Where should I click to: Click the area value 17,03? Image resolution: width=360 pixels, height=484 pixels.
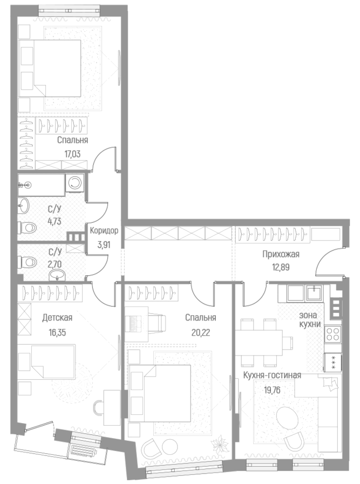click(x=73, y=153)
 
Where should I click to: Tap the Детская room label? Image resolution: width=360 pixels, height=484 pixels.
click(x=57, y=318)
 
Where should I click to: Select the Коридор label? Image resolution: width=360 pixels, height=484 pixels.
click(x=104, y=230)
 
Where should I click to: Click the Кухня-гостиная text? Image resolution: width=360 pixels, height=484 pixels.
click(x=272, y=375)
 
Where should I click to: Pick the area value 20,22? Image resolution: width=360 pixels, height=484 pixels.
click(x=200, y=331)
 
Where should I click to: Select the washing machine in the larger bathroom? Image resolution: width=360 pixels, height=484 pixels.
click(x=76, y=183)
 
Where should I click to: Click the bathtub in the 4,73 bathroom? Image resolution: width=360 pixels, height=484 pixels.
click(x=41, y=184)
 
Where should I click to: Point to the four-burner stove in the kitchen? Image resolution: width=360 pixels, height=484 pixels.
click(x=332, y=333)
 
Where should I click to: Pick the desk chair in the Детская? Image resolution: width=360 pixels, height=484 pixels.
click(x=99, y=407)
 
